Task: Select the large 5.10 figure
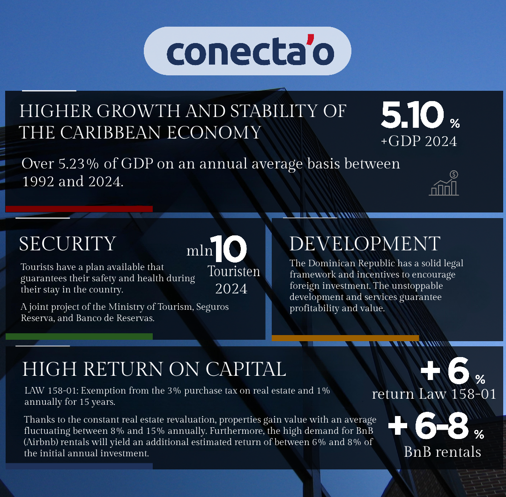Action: (x=412, y=115)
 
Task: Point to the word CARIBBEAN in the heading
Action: (x=111, y=132)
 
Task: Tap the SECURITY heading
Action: (x=67, y=244)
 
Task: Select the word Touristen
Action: (x=234, y=271)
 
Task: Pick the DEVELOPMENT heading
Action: (x=365, y=244)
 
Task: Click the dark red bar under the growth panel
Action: (x=79, y=209)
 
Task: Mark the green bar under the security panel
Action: (x=79, y=336)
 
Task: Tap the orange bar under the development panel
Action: (x=345, y=338)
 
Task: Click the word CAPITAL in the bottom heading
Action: (x=246, y=369)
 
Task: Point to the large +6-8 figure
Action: (x=428, y=426)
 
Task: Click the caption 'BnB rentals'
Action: (x=442, y=452)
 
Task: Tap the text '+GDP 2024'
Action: (x=419, y=141)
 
